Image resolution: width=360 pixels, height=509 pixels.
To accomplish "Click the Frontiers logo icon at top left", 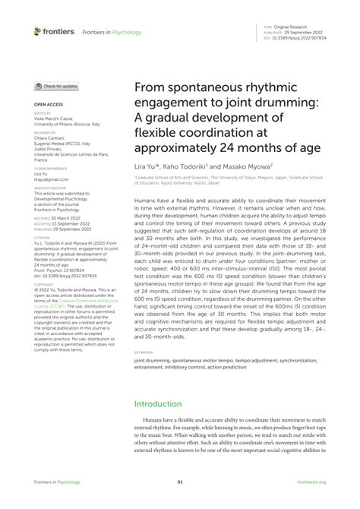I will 37,31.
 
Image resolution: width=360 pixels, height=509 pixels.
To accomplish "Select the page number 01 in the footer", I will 180,482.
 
